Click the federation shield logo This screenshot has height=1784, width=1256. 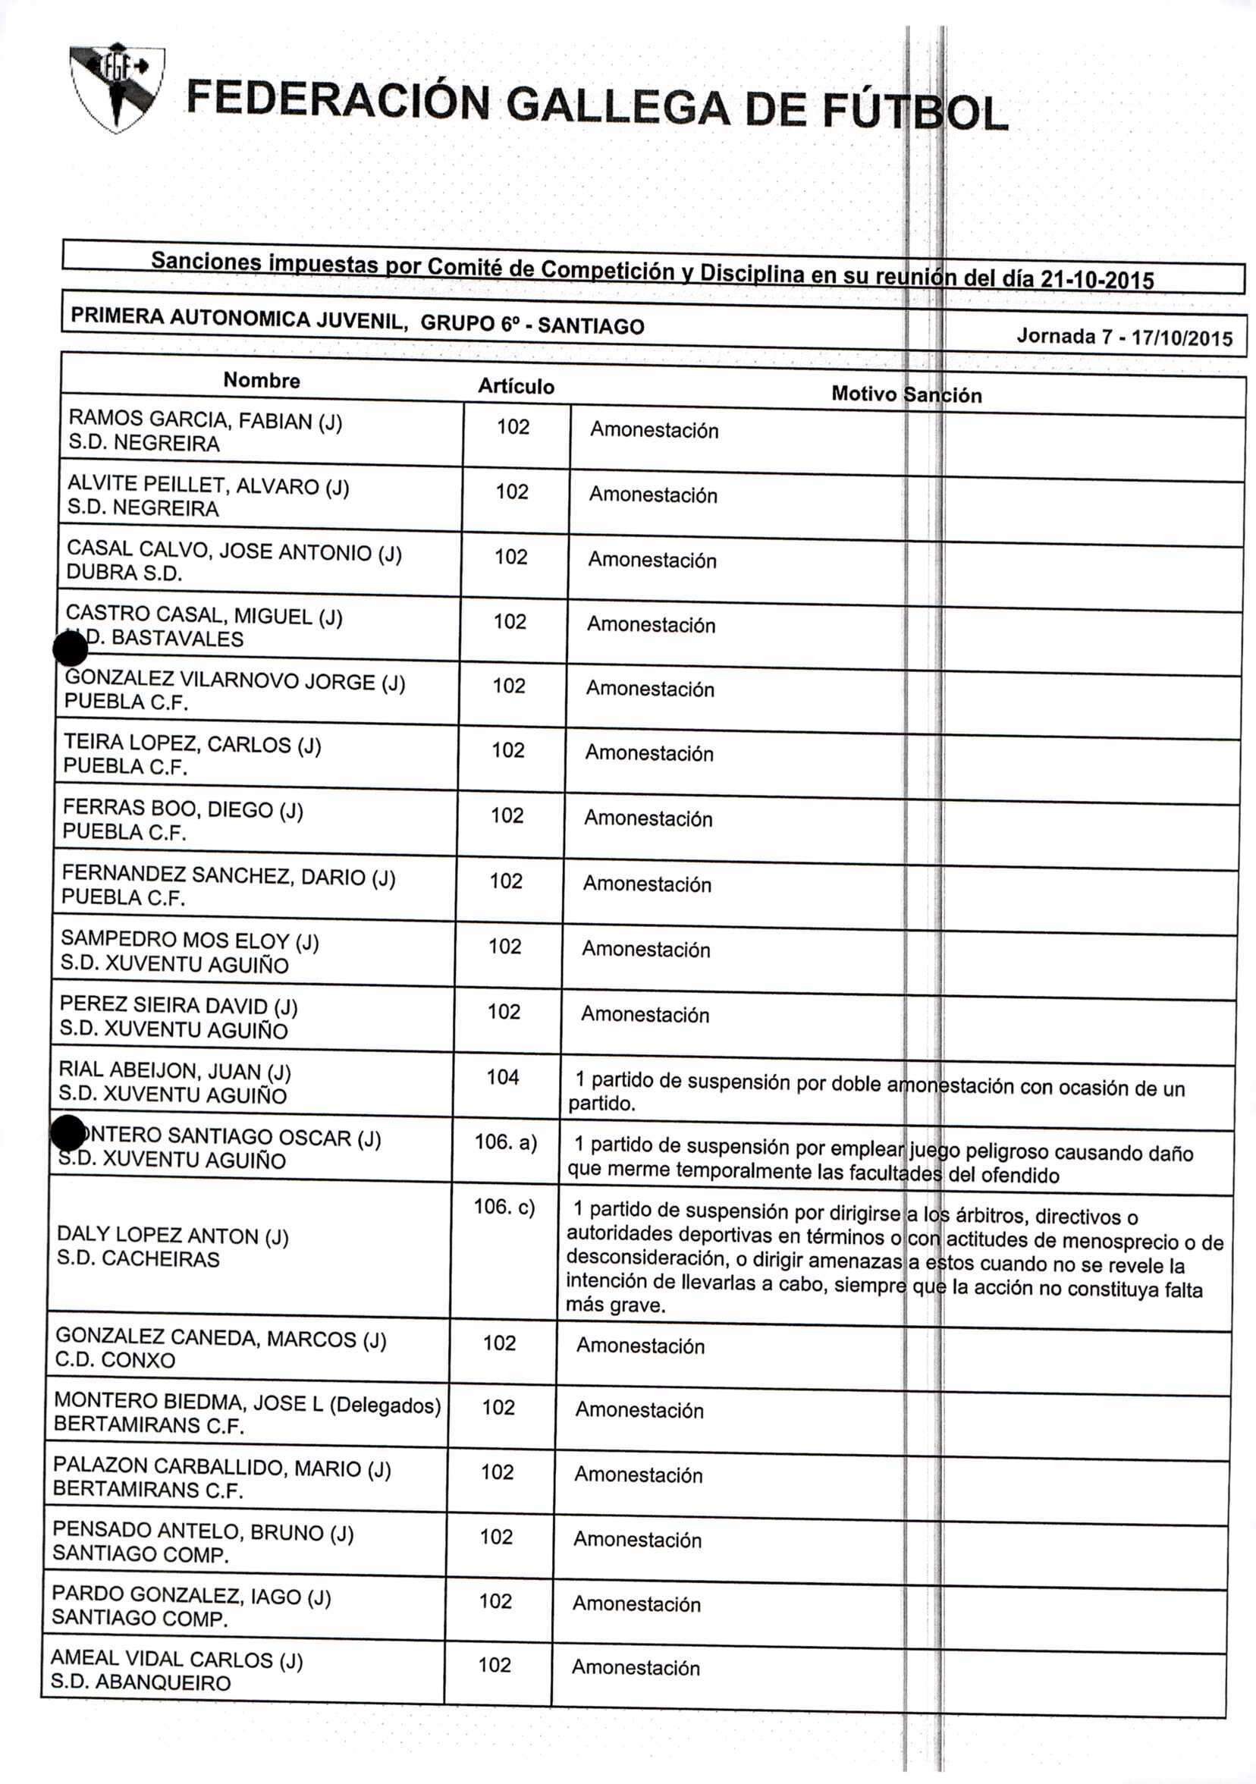(x=117, y=87)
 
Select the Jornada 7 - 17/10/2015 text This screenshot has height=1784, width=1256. (x=1124, y=338)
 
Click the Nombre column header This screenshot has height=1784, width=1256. (x=262, y=380)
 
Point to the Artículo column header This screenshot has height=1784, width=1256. (x=516, y=386)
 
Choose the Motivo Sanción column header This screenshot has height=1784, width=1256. (x=906, y=394)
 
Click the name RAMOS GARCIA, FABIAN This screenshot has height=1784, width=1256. (x=205, y=419)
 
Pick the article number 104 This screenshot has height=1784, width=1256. (x=503, y=1077)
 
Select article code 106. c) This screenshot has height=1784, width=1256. (x=504, y=1208)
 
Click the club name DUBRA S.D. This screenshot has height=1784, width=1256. (x=124, y=573)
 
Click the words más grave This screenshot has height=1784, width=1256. (x=615, y=1305)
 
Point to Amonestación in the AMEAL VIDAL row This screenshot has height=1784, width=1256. (x=636, y=1666)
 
